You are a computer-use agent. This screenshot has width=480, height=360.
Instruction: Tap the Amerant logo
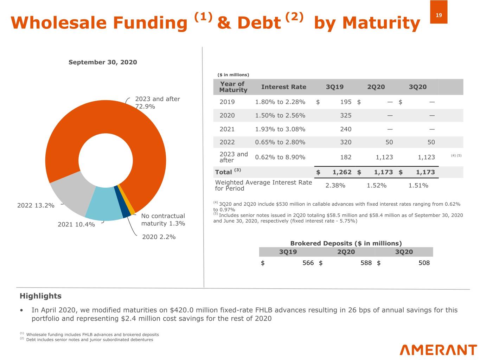(x=438, y=350)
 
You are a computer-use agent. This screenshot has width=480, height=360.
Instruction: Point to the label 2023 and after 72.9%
(x=157, y=103)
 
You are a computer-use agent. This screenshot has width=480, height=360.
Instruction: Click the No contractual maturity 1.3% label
(x=163, y=220)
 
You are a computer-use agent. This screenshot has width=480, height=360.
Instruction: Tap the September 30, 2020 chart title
(x=103, y=62)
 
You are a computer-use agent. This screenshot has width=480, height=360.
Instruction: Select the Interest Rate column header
(x=283, y=87)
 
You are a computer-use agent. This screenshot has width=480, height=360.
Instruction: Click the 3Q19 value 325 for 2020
(x=346, y=115)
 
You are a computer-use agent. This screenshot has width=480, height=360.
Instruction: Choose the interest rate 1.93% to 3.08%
(x=280, y=129)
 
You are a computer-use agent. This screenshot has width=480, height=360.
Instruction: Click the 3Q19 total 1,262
(x=342, y=172)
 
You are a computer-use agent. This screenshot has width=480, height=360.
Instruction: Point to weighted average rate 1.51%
(x=418, y=185)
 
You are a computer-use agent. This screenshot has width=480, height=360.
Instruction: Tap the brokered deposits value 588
(x=366, y=263)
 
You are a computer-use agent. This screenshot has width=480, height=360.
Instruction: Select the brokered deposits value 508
(x=424, y=263)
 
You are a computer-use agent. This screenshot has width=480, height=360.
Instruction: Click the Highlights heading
(x=40, y=296)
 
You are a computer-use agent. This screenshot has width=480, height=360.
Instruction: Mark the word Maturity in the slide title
(x=381, y=23)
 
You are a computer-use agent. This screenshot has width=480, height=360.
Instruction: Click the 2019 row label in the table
(x=227, y=102)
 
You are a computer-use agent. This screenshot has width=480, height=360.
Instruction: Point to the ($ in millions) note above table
(x=233, y=75)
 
